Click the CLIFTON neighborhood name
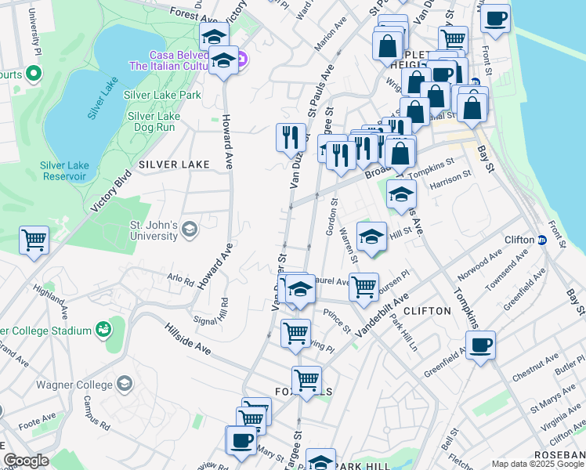pos(429,311)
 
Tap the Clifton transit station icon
pos(541,240)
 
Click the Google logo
pos(26,460)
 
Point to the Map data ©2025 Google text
pos(537,464)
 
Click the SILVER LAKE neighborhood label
pos(174,164)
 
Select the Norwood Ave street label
pos(483,267)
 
